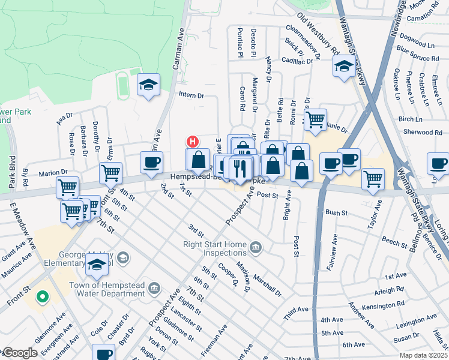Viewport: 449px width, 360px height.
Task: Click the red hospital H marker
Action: click(192, 142)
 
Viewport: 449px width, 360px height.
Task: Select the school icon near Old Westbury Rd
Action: click(343, 67)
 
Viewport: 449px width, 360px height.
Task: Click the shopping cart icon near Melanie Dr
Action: click(315, 119)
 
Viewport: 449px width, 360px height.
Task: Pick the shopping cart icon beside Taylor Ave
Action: click(373, 178)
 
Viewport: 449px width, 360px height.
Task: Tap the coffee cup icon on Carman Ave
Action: click(151, 162)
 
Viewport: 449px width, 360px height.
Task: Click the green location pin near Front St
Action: click(41, 296)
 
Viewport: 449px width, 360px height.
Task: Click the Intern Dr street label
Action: click(191, 95)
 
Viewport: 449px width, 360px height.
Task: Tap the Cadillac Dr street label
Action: click(297, 61)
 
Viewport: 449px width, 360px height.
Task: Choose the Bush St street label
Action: click(337, 213)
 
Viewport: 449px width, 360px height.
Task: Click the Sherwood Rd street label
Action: click(423, 132)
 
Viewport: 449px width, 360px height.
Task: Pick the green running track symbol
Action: click(123, 85)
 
